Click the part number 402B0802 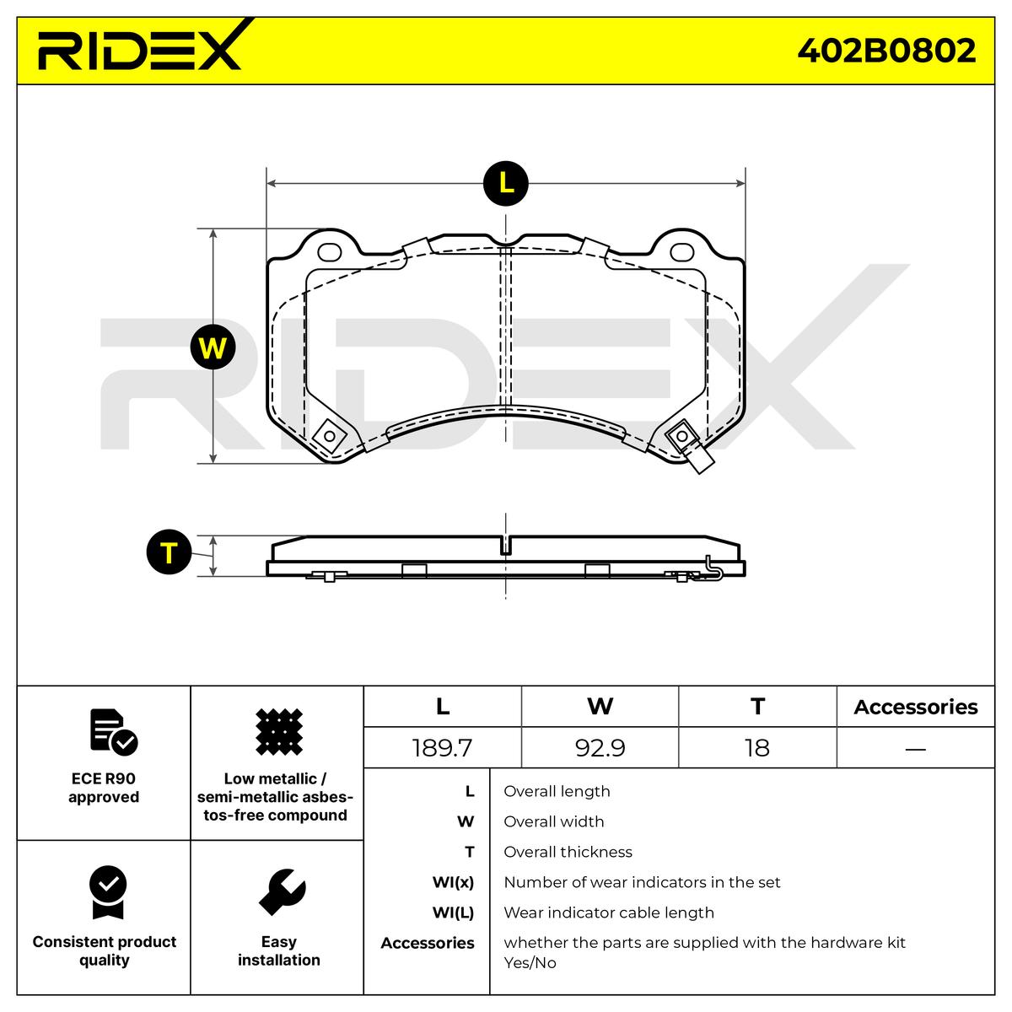(886, 51)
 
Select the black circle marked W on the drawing (213, 347)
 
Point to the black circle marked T (169, 553)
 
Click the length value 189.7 (442, 748)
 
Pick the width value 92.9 (600, 748)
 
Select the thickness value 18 (757, 748)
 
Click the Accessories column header (915, 707)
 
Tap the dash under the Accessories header (915, 748)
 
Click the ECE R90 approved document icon (112, 732)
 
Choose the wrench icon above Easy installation (282, 892)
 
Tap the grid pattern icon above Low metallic (278, 731)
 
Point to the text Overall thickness (568, 852)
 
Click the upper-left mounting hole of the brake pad (329, 251)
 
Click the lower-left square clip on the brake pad (329, 436)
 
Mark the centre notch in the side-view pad (506, 546)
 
